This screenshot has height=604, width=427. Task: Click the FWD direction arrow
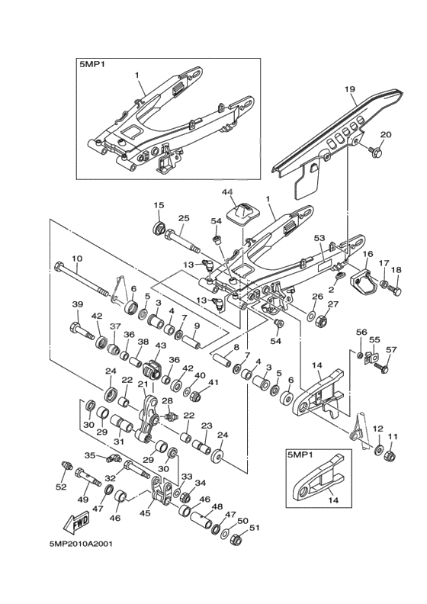click(76, 524)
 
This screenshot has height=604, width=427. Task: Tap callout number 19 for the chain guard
click(350, 90)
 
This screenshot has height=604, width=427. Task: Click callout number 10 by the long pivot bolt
click(76, 259)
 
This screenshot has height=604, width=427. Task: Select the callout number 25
click(183, 219)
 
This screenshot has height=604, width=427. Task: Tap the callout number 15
click(159, 205)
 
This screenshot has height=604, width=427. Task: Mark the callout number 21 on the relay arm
click(142, 384)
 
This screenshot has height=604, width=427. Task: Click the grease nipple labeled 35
click(111, 458)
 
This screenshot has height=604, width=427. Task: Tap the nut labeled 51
click(236, 541)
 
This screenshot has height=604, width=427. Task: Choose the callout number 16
click(367, 255)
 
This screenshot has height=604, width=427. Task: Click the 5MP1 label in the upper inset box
click(92, 66)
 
